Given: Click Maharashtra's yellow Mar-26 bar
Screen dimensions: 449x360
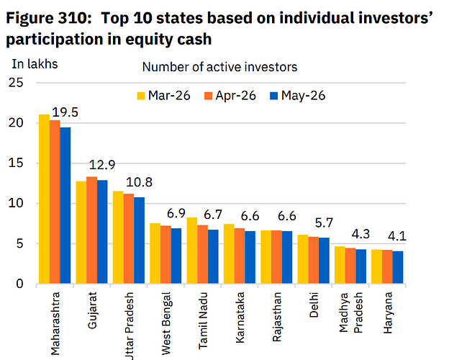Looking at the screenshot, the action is pyautogui.click(x=44, y=199).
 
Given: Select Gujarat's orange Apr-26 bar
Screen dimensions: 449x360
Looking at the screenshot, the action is pyautogui.click(x=91, y=230).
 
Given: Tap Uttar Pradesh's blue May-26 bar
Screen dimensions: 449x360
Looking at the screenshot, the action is pyautogui.click(x=139, y=240).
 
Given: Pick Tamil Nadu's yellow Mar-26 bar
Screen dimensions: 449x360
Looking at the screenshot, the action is pyautogui.click(x=192, y=251).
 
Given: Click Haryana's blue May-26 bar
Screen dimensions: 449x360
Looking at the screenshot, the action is pyautogui.click(x=398, y=267).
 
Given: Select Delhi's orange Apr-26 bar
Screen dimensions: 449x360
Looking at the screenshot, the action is pyautogui.click(x=313, y=260).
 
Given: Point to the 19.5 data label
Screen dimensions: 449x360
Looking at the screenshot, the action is pyautogui.click(x=65, y=112).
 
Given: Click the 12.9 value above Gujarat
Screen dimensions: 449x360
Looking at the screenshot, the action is pyautogui.click(x=102, y=165).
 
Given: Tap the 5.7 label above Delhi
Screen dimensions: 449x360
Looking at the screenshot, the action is pyautogui.click(x=324, y=222).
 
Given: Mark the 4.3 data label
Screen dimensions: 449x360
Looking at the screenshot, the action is pyautogui.click(x=360, y=234).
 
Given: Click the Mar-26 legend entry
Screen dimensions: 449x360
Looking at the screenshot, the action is pyautogui.click(x=164, y=96).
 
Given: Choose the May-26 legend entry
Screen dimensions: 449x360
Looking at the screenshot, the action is pyautogui.click(x=297, y=96).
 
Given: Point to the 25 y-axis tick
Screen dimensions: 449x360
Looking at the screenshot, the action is pyautogui.click(x=16, y=83).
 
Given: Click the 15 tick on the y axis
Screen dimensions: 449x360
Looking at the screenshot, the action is pyautogui.click(x=16, y=163).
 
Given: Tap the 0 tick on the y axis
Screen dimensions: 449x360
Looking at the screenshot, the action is pyautogui.click(x=19, y=284).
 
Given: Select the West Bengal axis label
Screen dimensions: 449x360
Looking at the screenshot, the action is pyautogui.click(x=166, y=323).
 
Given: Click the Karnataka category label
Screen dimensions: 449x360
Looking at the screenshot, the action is pyautogui.click(x=240, y=318).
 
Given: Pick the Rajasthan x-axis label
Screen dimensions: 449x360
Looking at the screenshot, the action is pyautogui.click(x=277, y=317).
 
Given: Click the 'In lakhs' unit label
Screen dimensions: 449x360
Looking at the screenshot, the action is pyautogui.click(x=35, y=64).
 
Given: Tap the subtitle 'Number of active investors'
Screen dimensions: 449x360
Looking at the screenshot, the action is pyautogui.click(x=219, y=67).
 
